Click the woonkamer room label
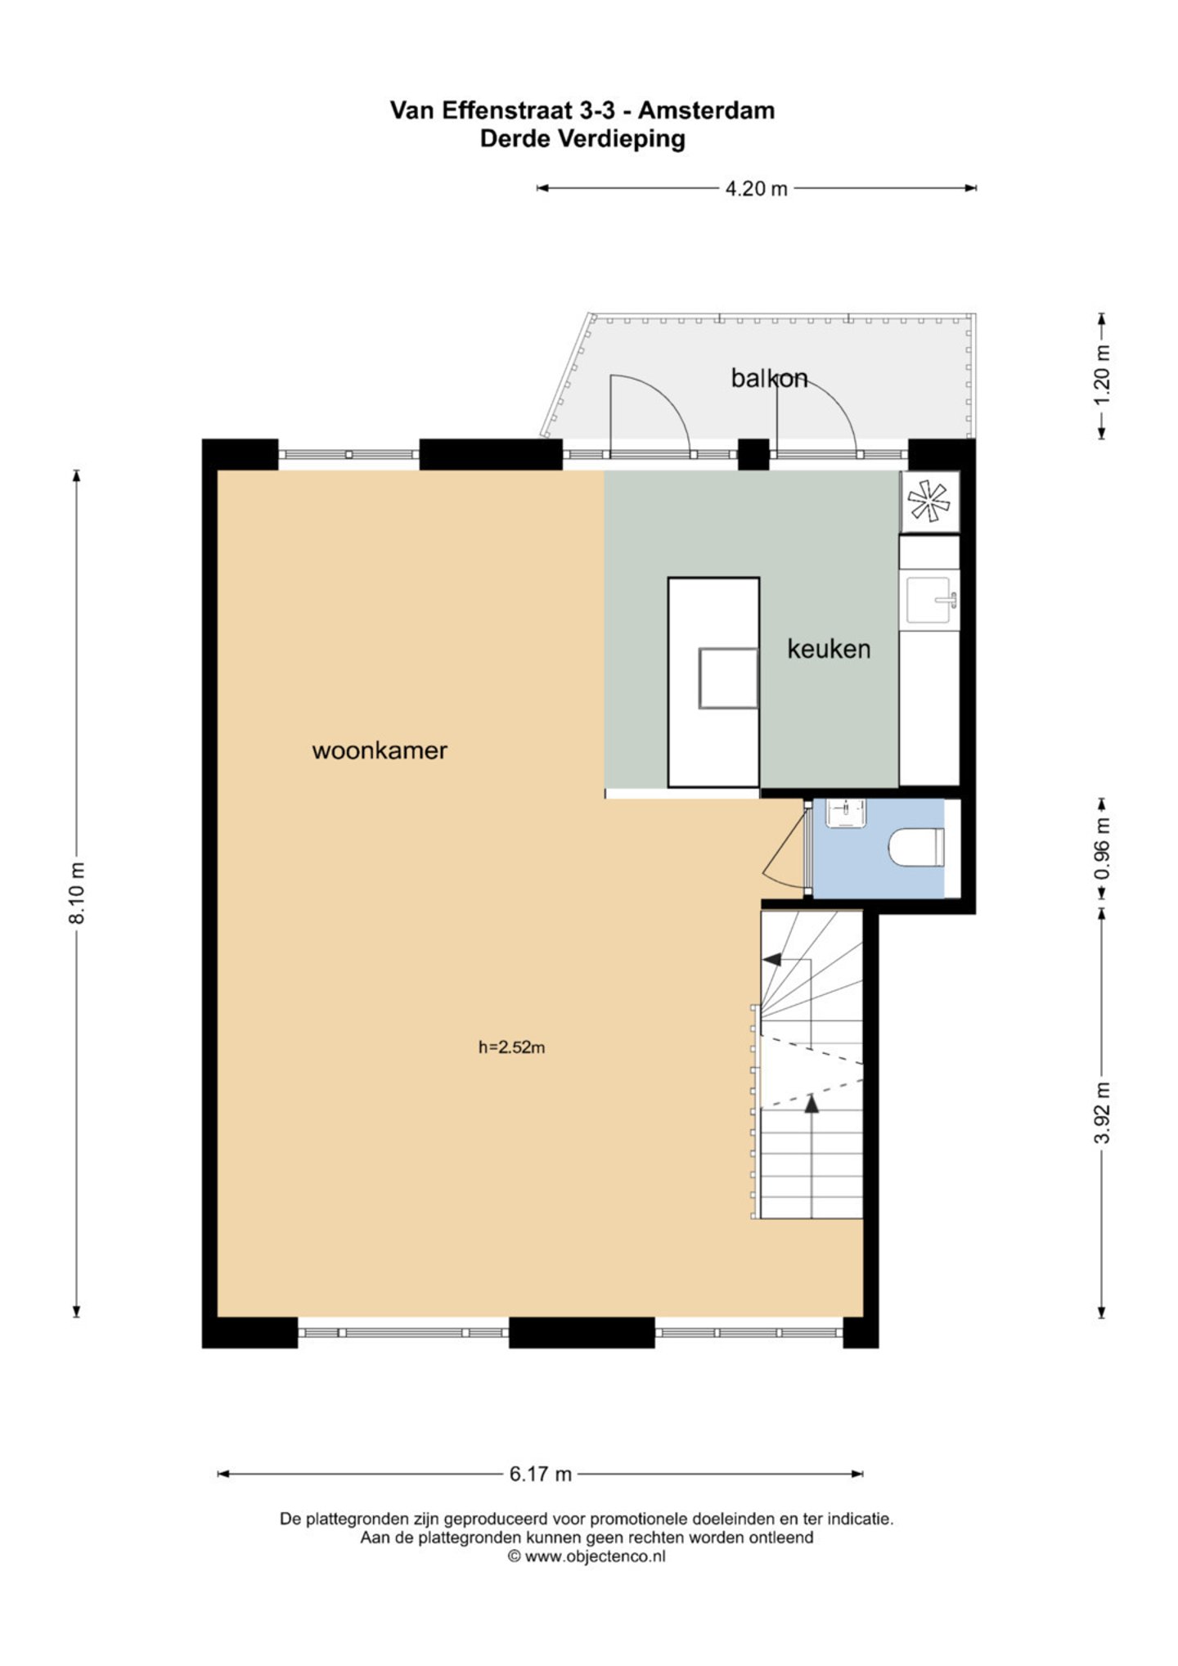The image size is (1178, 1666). point(380,750)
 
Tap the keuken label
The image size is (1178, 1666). point(829,649)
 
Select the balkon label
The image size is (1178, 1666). point(769,378)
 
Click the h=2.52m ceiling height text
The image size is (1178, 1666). point(512,1047)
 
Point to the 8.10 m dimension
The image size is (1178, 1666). point(77,893)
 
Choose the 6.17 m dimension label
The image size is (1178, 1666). point(541,1474)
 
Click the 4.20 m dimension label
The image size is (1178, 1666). point(757,188)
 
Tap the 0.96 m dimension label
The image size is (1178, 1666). point(1102,848)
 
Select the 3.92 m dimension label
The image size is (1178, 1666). point(1102,1113)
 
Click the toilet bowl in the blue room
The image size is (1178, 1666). point(916,847)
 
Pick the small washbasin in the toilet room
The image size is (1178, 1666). point(845,813)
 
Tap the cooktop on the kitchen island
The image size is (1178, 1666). point(727,678)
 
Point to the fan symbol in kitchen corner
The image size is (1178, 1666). point(929,501)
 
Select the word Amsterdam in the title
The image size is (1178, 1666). point(706,110)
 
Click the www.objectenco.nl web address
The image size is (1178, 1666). point(595,1556)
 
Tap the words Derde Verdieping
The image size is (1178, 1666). point(582,138)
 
